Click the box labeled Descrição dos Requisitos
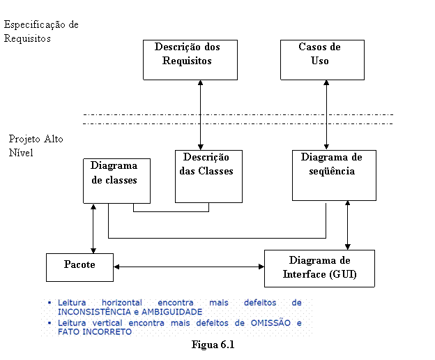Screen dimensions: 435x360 [190, 60]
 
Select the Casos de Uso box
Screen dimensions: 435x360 [322, 60]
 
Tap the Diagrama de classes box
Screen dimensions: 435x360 [117, 181]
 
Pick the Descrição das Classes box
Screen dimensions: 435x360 [208, 177]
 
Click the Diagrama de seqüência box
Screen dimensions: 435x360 [335, 175]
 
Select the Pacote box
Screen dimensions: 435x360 [80, 268]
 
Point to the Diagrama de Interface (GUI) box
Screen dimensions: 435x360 [319, 269]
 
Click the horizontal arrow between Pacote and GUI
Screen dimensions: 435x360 [189, 267]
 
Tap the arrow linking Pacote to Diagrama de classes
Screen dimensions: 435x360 [93, 229]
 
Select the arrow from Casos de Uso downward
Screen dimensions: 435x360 [326, 115]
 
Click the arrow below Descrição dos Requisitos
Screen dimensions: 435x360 [201, 115]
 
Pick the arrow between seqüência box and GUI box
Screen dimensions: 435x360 [348, 225]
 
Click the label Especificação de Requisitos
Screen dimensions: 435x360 [41, 31]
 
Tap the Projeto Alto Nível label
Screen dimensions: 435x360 [36, 145]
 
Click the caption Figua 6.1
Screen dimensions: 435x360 [213, 345]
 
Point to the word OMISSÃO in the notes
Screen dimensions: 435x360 [270, 323]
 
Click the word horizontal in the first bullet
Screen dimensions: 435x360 [122, 303]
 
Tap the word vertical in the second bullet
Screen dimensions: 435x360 [107, 323]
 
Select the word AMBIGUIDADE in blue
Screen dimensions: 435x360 [171, 312]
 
